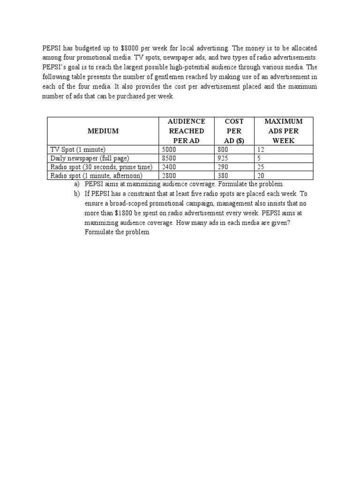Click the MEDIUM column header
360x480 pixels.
pyautogui.click(x=103, y=131)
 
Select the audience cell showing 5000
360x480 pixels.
pyautogui.click(x=169, y=150)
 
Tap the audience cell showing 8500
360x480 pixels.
pyautogui.click(x=169, y=158)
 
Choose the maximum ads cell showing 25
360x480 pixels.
pyautogui.click(x=260, y=167)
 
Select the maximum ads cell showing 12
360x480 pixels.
pyautogui.click(x=260, y=150)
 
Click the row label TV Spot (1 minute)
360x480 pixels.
pyautogui.click(x=78, y=150)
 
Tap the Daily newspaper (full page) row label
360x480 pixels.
pyautogui.click(x=90, y=158)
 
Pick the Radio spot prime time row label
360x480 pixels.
pyautogui.click(x=101, y=167)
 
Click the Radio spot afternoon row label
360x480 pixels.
pyautogui.click(x=96, y=176)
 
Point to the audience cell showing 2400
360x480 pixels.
pyautogui.click(x=169, y=167)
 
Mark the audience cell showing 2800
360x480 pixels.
pyautogui.click(x=169, y=176)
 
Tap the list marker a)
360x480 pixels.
pyautogui.click(x=77, y=184)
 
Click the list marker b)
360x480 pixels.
pyautogui.click(x=77, y=194)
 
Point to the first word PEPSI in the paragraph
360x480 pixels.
pyautogui.click(x=52, y=48)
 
